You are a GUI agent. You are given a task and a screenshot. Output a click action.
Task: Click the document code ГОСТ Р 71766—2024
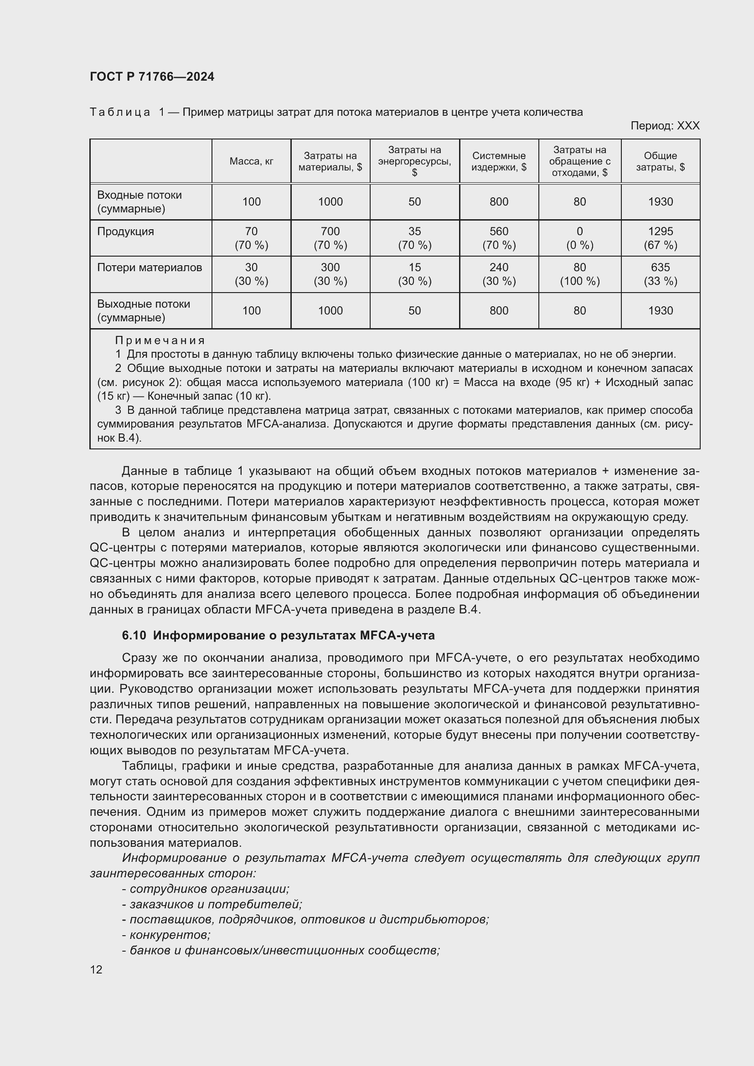coord(152,77)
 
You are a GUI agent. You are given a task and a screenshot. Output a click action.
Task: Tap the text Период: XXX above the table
coord(664,126)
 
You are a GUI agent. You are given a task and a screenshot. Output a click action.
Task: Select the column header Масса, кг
coord(251,161)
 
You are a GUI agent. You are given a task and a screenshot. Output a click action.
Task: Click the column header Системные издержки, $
coord(499,161)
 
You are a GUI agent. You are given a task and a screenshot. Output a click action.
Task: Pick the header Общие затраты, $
coord(660,161)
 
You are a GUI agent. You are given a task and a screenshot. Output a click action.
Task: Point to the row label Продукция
coord(125,231)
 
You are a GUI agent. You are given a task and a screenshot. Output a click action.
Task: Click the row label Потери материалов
coord(150,268)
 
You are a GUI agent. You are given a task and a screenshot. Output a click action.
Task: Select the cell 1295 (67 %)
coord(660,238)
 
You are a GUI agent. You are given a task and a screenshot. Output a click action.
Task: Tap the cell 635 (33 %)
coord(660,274)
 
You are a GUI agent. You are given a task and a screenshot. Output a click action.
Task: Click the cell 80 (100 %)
coord(579,274)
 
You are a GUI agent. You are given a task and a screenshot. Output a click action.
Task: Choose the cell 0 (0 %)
coord(579,238)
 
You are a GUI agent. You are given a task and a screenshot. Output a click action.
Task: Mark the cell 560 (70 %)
coord(499,238)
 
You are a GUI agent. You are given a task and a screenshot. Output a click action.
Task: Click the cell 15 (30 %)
coord(414,274)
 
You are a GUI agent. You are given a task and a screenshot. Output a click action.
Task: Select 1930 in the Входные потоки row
coord(660,201)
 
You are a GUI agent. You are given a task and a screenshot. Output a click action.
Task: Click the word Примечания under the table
coord(160,340)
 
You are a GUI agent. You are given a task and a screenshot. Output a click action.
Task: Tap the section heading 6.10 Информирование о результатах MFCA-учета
coord(278,635)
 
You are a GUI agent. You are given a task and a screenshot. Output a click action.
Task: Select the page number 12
coord(96,969)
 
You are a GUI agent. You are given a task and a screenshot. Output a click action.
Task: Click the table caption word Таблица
coord(120,113)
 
